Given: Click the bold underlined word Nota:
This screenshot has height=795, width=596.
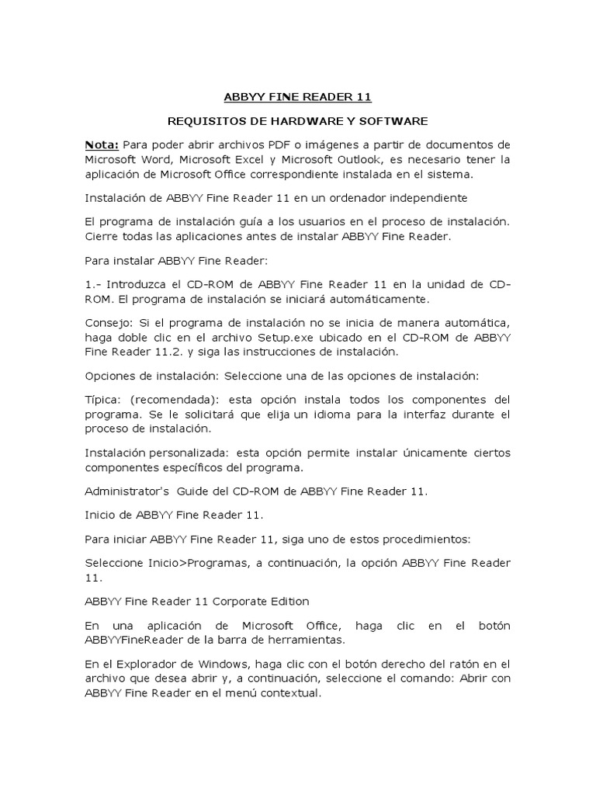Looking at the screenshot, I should click(x=102, y=144).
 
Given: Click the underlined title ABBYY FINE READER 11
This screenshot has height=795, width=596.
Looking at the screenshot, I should click(x=298, y=97).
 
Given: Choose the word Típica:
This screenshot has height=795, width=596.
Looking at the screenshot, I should click(x=105, y=399).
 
